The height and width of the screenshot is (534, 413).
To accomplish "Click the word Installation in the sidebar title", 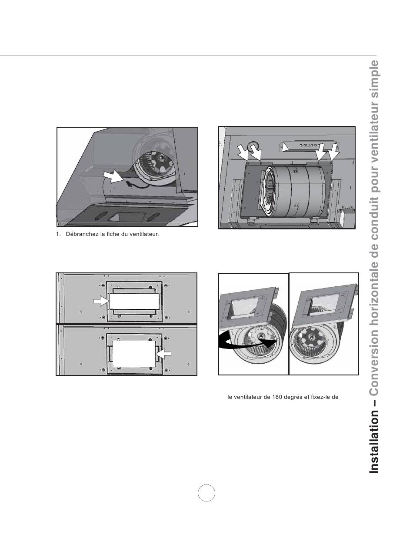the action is pos(374,441).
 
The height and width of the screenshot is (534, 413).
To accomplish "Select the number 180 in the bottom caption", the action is pos(277,397).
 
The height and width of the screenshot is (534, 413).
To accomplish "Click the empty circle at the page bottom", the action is pos(206,493).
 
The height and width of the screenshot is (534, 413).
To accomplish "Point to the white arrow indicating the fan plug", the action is pos(113,177).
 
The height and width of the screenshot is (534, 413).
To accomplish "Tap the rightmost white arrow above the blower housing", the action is pos(333,153).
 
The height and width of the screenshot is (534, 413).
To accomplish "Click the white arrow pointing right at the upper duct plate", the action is pos(101,301).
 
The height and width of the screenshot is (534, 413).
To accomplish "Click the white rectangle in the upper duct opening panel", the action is pos(134,301).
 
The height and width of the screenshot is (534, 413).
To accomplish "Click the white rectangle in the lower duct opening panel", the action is pos(134,354).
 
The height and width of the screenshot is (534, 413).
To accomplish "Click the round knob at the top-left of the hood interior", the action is pos(253,146).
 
